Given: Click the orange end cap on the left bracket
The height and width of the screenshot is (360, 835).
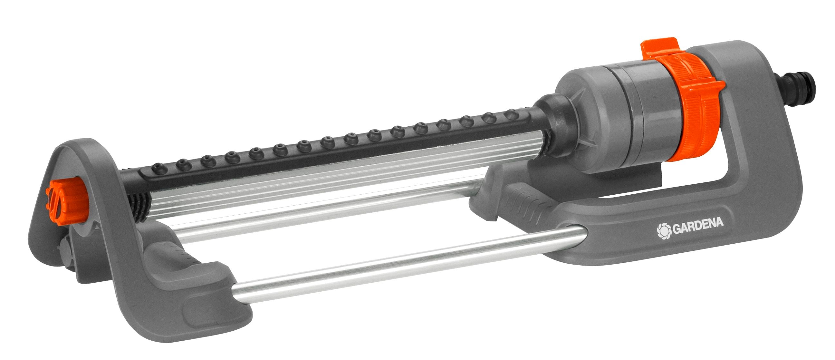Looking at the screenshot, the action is pyautogui.click(x=66, y=201).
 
